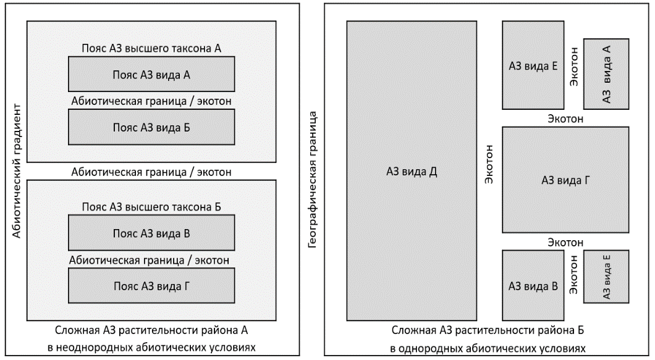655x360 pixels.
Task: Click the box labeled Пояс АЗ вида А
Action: pos(151,74)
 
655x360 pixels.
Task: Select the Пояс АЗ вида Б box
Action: pos(151,127)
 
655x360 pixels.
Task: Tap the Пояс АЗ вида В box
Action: pos(151,233)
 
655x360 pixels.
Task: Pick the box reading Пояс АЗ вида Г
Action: pos(151,286)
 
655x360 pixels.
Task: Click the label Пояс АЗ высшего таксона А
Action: pos(151,48)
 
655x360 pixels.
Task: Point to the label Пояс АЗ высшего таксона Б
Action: pos(151,207)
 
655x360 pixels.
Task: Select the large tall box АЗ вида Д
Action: pos(411,171)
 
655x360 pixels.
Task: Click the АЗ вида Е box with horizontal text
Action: pos(533,65)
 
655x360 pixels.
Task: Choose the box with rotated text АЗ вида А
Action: pos(606,74)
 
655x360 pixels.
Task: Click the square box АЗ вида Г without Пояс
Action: pos(565,180)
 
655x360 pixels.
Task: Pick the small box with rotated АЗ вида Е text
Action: pos(606,276)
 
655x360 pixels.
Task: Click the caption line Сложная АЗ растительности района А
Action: pos(151,329)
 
